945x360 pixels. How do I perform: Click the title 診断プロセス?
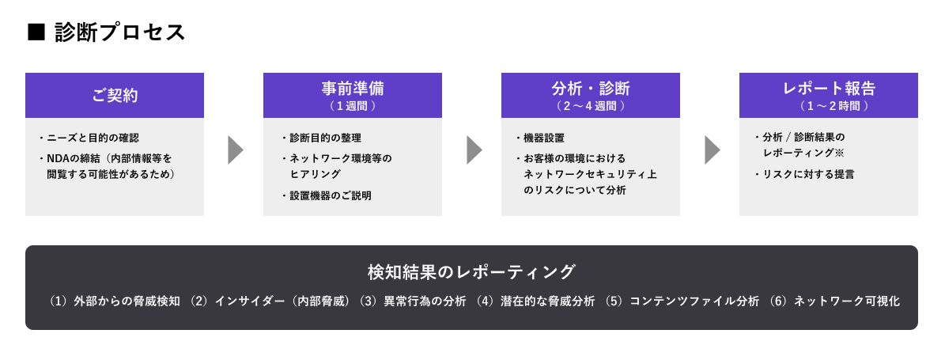pyautogui.click(x=120, y=32)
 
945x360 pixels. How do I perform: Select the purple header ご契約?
pyautogui.click(x=115, y=96)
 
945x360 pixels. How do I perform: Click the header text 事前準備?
pyautogui.click(x=353, y=88)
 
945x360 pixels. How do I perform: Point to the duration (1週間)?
pyautogui.click(x=353, y=105)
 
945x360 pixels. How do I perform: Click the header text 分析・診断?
pyautogui.click(x=591, y=88)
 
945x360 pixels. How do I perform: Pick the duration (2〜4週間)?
pyautogui.click(x=591, y=105)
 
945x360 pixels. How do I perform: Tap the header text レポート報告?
pyautogui.click(x=829, y=88)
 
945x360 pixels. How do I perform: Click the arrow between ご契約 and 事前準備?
pyautogui.click(x=235, y=150)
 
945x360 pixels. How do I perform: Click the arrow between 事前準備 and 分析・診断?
pyautogui.click(x=473, y=150)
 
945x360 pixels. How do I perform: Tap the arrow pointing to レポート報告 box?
pyautogui.click(x=711, y=150)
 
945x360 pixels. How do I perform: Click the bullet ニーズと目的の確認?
pyautogui.click(x=93, y=138)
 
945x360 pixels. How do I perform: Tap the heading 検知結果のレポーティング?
pyautogui.click(x=471, y=271)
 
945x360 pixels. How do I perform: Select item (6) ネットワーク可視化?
pyautogui.click(x=834, y=301)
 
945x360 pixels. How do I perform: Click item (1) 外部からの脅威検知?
pyautogui.click(x=115, y=301)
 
